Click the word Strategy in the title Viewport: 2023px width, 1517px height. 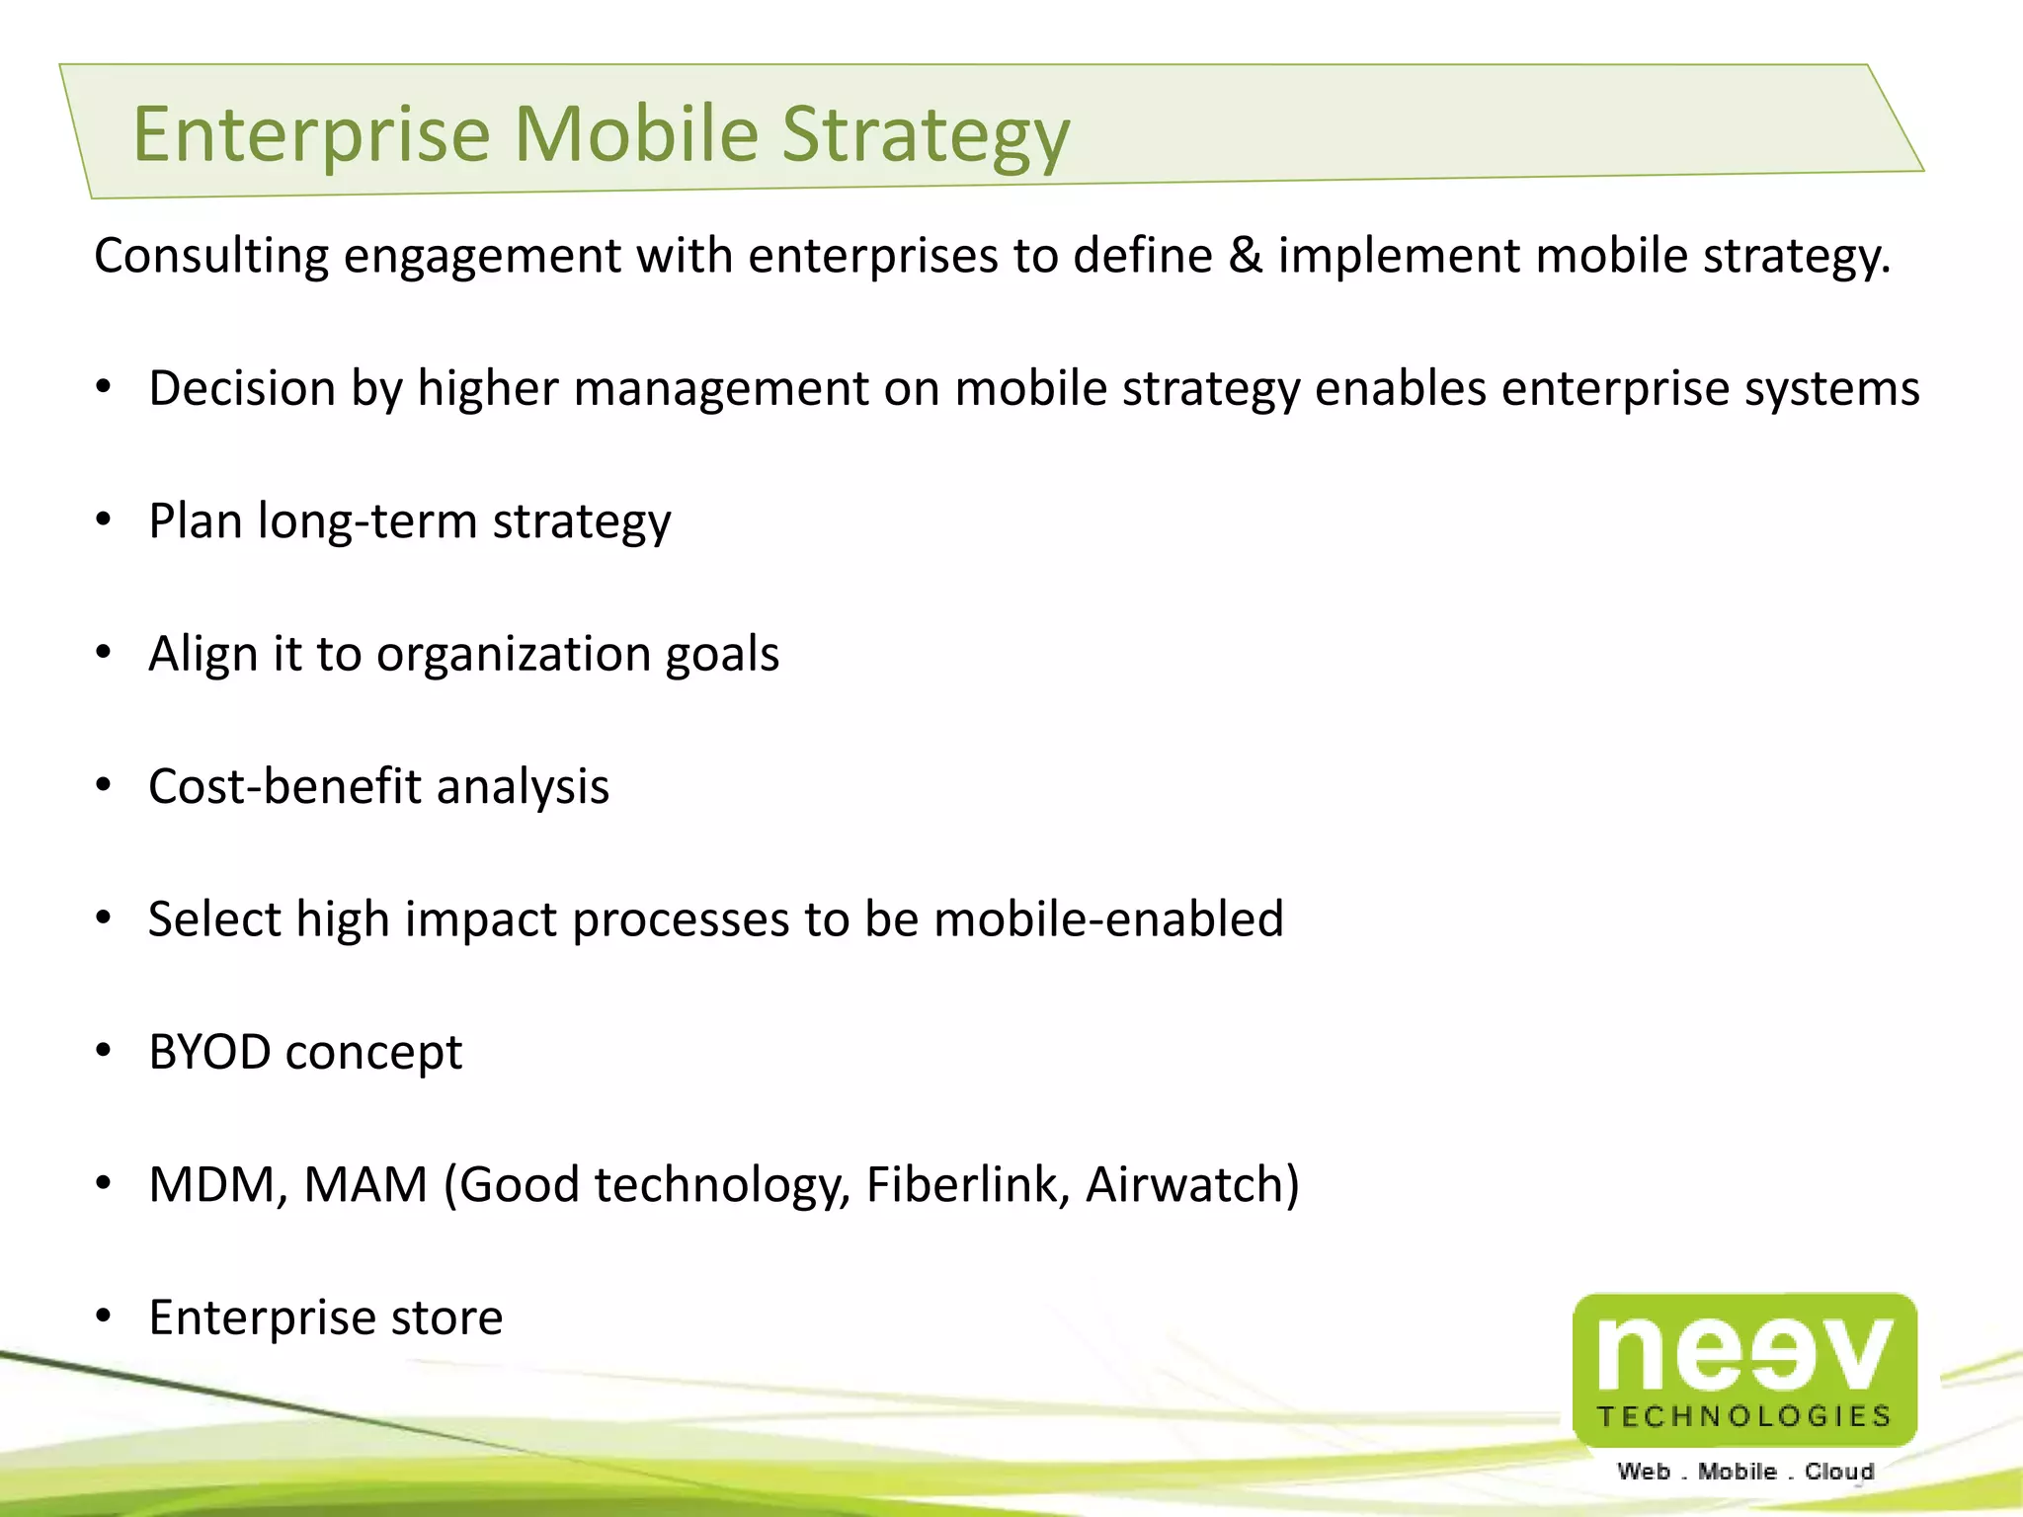point(926,135)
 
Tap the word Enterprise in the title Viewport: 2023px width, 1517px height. point(311,135)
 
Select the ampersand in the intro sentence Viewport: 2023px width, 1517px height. point(1245,256)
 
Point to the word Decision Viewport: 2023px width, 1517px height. point(242,388)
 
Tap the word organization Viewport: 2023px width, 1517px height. point(514,654)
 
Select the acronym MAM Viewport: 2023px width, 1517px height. point(365,1184)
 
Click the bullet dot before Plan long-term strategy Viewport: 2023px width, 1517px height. point(104,520)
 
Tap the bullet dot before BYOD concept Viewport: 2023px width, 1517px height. point(104,1052)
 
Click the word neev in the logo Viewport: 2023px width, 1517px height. point(1744,1353)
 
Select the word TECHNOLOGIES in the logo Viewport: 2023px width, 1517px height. point(1744,1416)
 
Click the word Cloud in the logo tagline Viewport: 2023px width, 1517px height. point(1838,1472)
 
